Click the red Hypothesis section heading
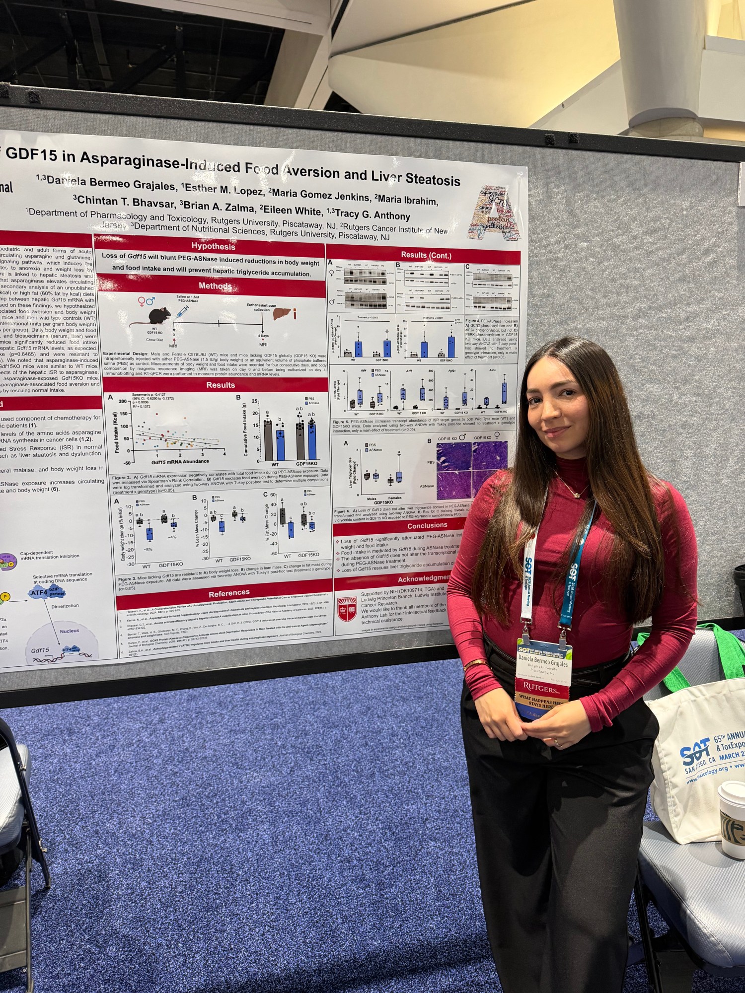[213, 246]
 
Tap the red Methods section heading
[215, 286]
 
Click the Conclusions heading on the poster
[427, 525]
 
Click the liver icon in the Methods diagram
[282, 314]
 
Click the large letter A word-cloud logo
[497, 213]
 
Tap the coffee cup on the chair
[732, 824]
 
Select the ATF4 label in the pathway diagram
[40, 592]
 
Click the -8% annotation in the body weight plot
[148, 550]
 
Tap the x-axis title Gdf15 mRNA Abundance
[180, 461]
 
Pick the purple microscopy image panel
[471, 471]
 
